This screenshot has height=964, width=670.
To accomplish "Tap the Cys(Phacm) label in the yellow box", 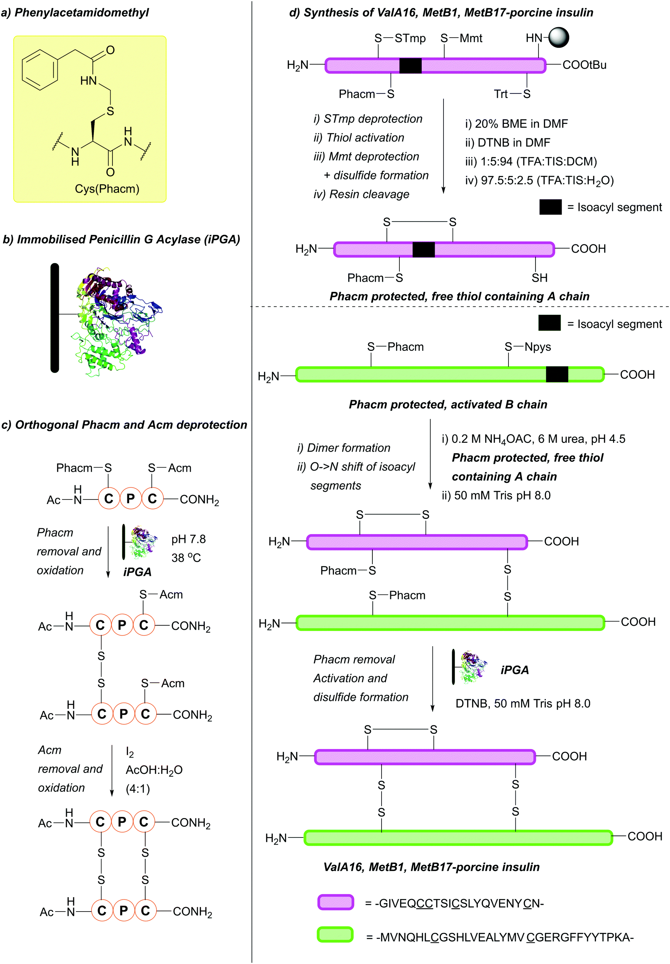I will tap(107, 189).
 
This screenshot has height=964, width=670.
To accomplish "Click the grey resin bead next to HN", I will tap(559, 37).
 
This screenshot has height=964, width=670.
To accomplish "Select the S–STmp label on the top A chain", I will tap(400, 38).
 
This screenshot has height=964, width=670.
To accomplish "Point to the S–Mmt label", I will tap(461, 38).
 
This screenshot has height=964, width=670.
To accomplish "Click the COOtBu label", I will tap(584, 65).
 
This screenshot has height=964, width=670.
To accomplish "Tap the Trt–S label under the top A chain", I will tap(512, 94).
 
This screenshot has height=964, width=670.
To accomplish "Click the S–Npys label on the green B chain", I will tap(527, 347).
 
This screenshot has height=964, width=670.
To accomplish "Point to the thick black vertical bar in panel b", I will tap(55, 318).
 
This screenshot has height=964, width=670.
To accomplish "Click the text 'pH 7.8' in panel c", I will tap(188, 539).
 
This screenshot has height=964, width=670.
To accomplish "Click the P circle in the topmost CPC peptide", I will tap(131, 499).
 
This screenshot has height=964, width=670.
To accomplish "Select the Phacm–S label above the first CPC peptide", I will tap(84, 468).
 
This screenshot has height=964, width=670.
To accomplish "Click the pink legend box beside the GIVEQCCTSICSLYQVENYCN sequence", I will tap(336, 902).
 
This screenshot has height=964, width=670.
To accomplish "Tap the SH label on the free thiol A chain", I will tap(539, 278).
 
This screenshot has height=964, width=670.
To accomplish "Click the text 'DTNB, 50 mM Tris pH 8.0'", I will tap(522, 704).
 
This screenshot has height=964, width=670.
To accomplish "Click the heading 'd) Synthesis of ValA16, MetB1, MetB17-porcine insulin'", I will tap(441, 13).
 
